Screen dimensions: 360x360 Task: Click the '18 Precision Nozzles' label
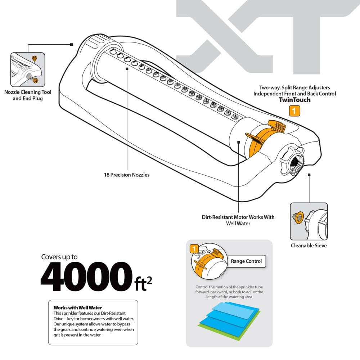click(x=125, y=175)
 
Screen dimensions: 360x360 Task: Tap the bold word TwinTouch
click(x=294, y=100)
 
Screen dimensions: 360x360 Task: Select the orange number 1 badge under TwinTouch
click(x=294, y=111)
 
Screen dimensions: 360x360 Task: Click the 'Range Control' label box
click(x=246, y=261)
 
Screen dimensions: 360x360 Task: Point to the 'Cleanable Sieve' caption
click(x=309, y=246)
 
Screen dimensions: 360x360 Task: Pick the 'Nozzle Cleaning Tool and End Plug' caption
click(x=28, y=95)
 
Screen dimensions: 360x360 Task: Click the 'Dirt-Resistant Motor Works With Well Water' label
click(x=238, y=220)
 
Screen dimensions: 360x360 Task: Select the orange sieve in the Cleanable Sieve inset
click(x=298, y=217)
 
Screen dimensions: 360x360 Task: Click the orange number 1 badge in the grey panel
click(x=193, y=248)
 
